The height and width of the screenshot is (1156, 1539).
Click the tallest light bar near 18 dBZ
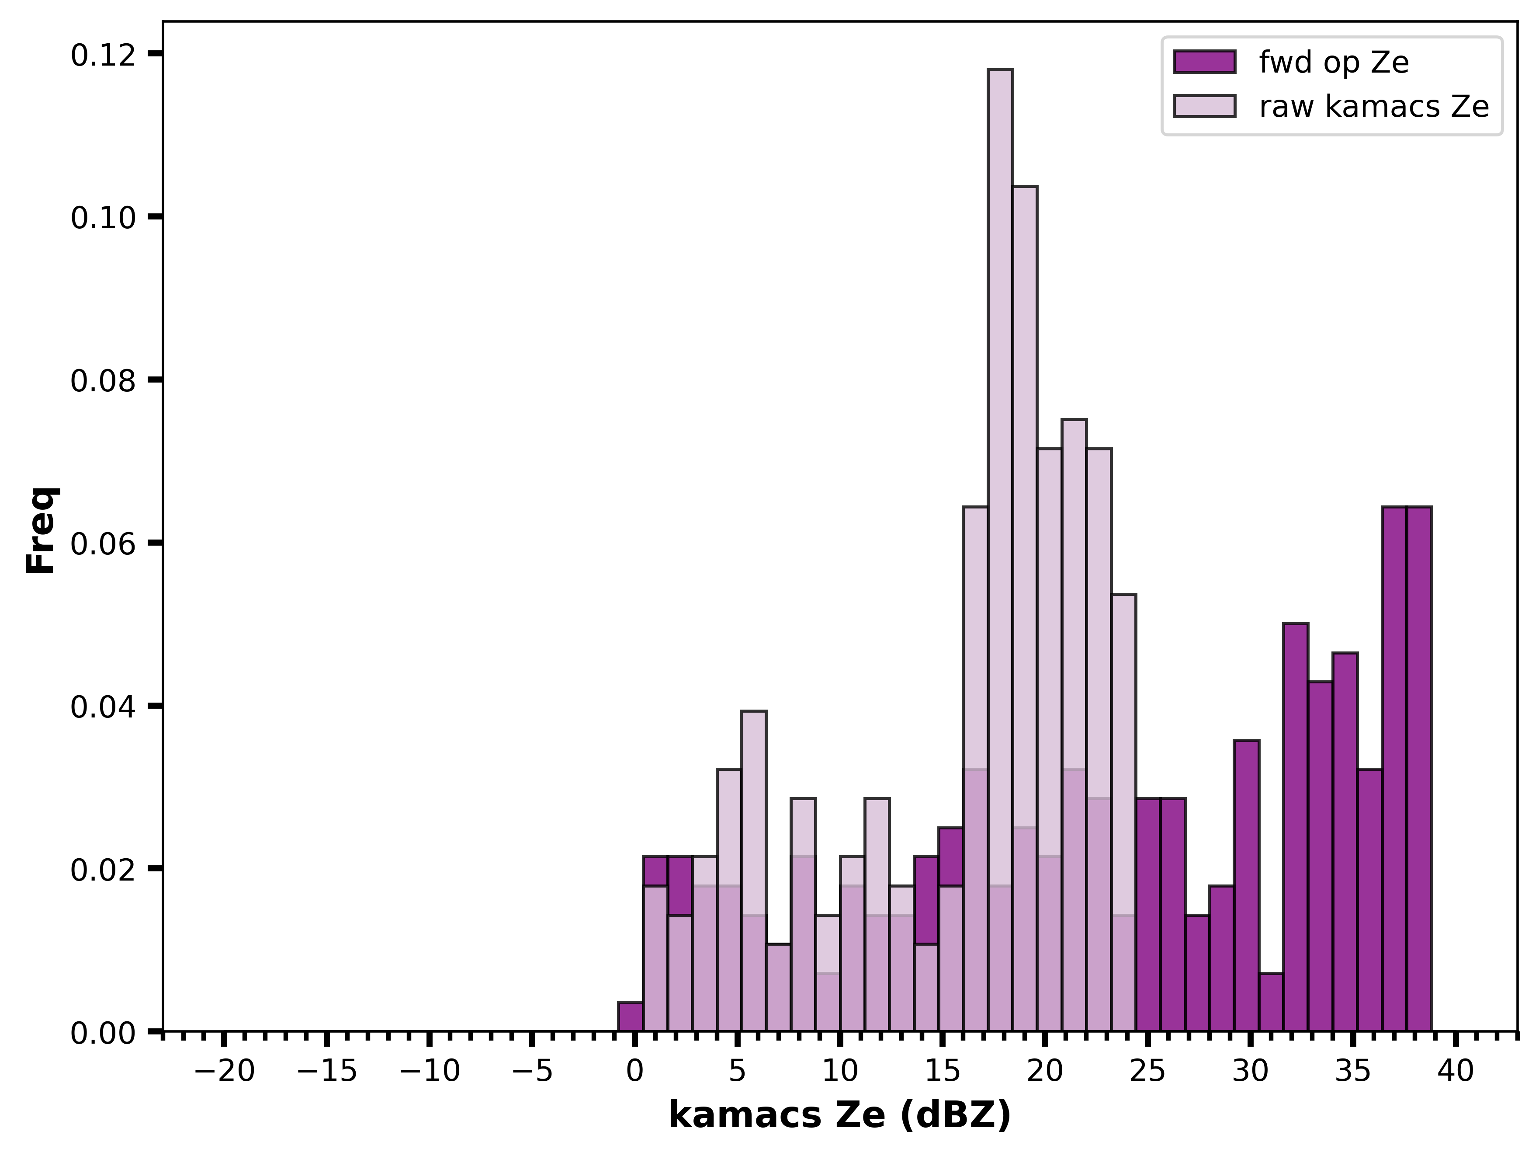(x=1000, y=550)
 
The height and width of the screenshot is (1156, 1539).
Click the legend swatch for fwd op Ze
(x=1204, y=62)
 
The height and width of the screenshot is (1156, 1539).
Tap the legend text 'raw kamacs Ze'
(x=1374, y=107)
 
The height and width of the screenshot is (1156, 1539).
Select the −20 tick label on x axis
(x=225, y=1072)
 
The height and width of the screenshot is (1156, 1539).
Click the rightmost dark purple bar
(x=1419, y=769)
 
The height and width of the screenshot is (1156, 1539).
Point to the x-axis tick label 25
(x=1147, y=1072)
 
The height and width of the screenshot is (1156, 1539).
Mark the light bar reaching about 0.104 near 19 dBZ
(x=1025, y=609)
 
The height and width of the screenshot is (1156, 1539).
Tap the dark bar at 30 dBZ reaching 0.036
(x=1246, y=886)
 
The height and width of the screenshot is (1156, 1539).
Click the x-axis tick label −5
(x=532, y=1072)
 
